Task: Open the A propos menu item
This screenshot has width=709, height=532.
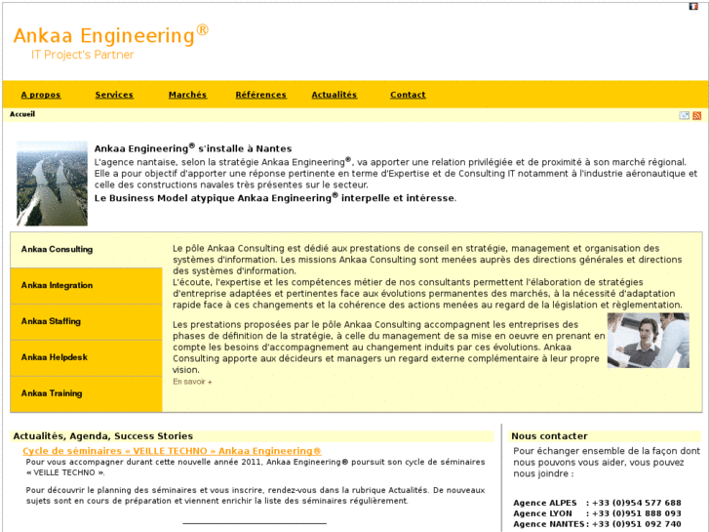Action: [41, 95]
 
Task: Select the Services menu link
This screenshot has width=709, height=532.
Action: [114, 95]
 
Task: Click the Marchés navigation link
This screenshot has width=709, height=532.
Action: [187, 95]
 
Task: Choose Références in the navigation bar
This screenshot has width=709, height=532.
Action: [260, 95]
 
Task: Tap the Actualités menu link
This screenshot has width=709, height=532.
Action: [335, 95]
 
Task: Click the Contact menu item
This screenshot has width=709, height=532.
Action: [408, 95]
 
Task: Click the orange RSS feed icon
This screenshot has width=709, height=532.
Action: [696, 115]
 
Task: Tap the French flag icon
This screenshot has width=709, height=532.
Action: [693, 7]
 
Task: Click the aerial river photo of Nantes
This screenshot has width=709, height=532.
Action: [52, 183]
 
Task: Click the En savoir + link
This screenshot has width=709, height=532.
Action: [192, 382]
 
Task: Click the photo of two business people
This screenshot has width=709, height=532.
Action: [648, 340]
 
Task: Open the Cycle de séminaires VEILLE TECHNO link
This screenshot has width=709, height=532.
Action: [172, 451]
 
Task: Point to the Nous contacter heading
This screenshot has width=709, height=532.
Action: [549, 436]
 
